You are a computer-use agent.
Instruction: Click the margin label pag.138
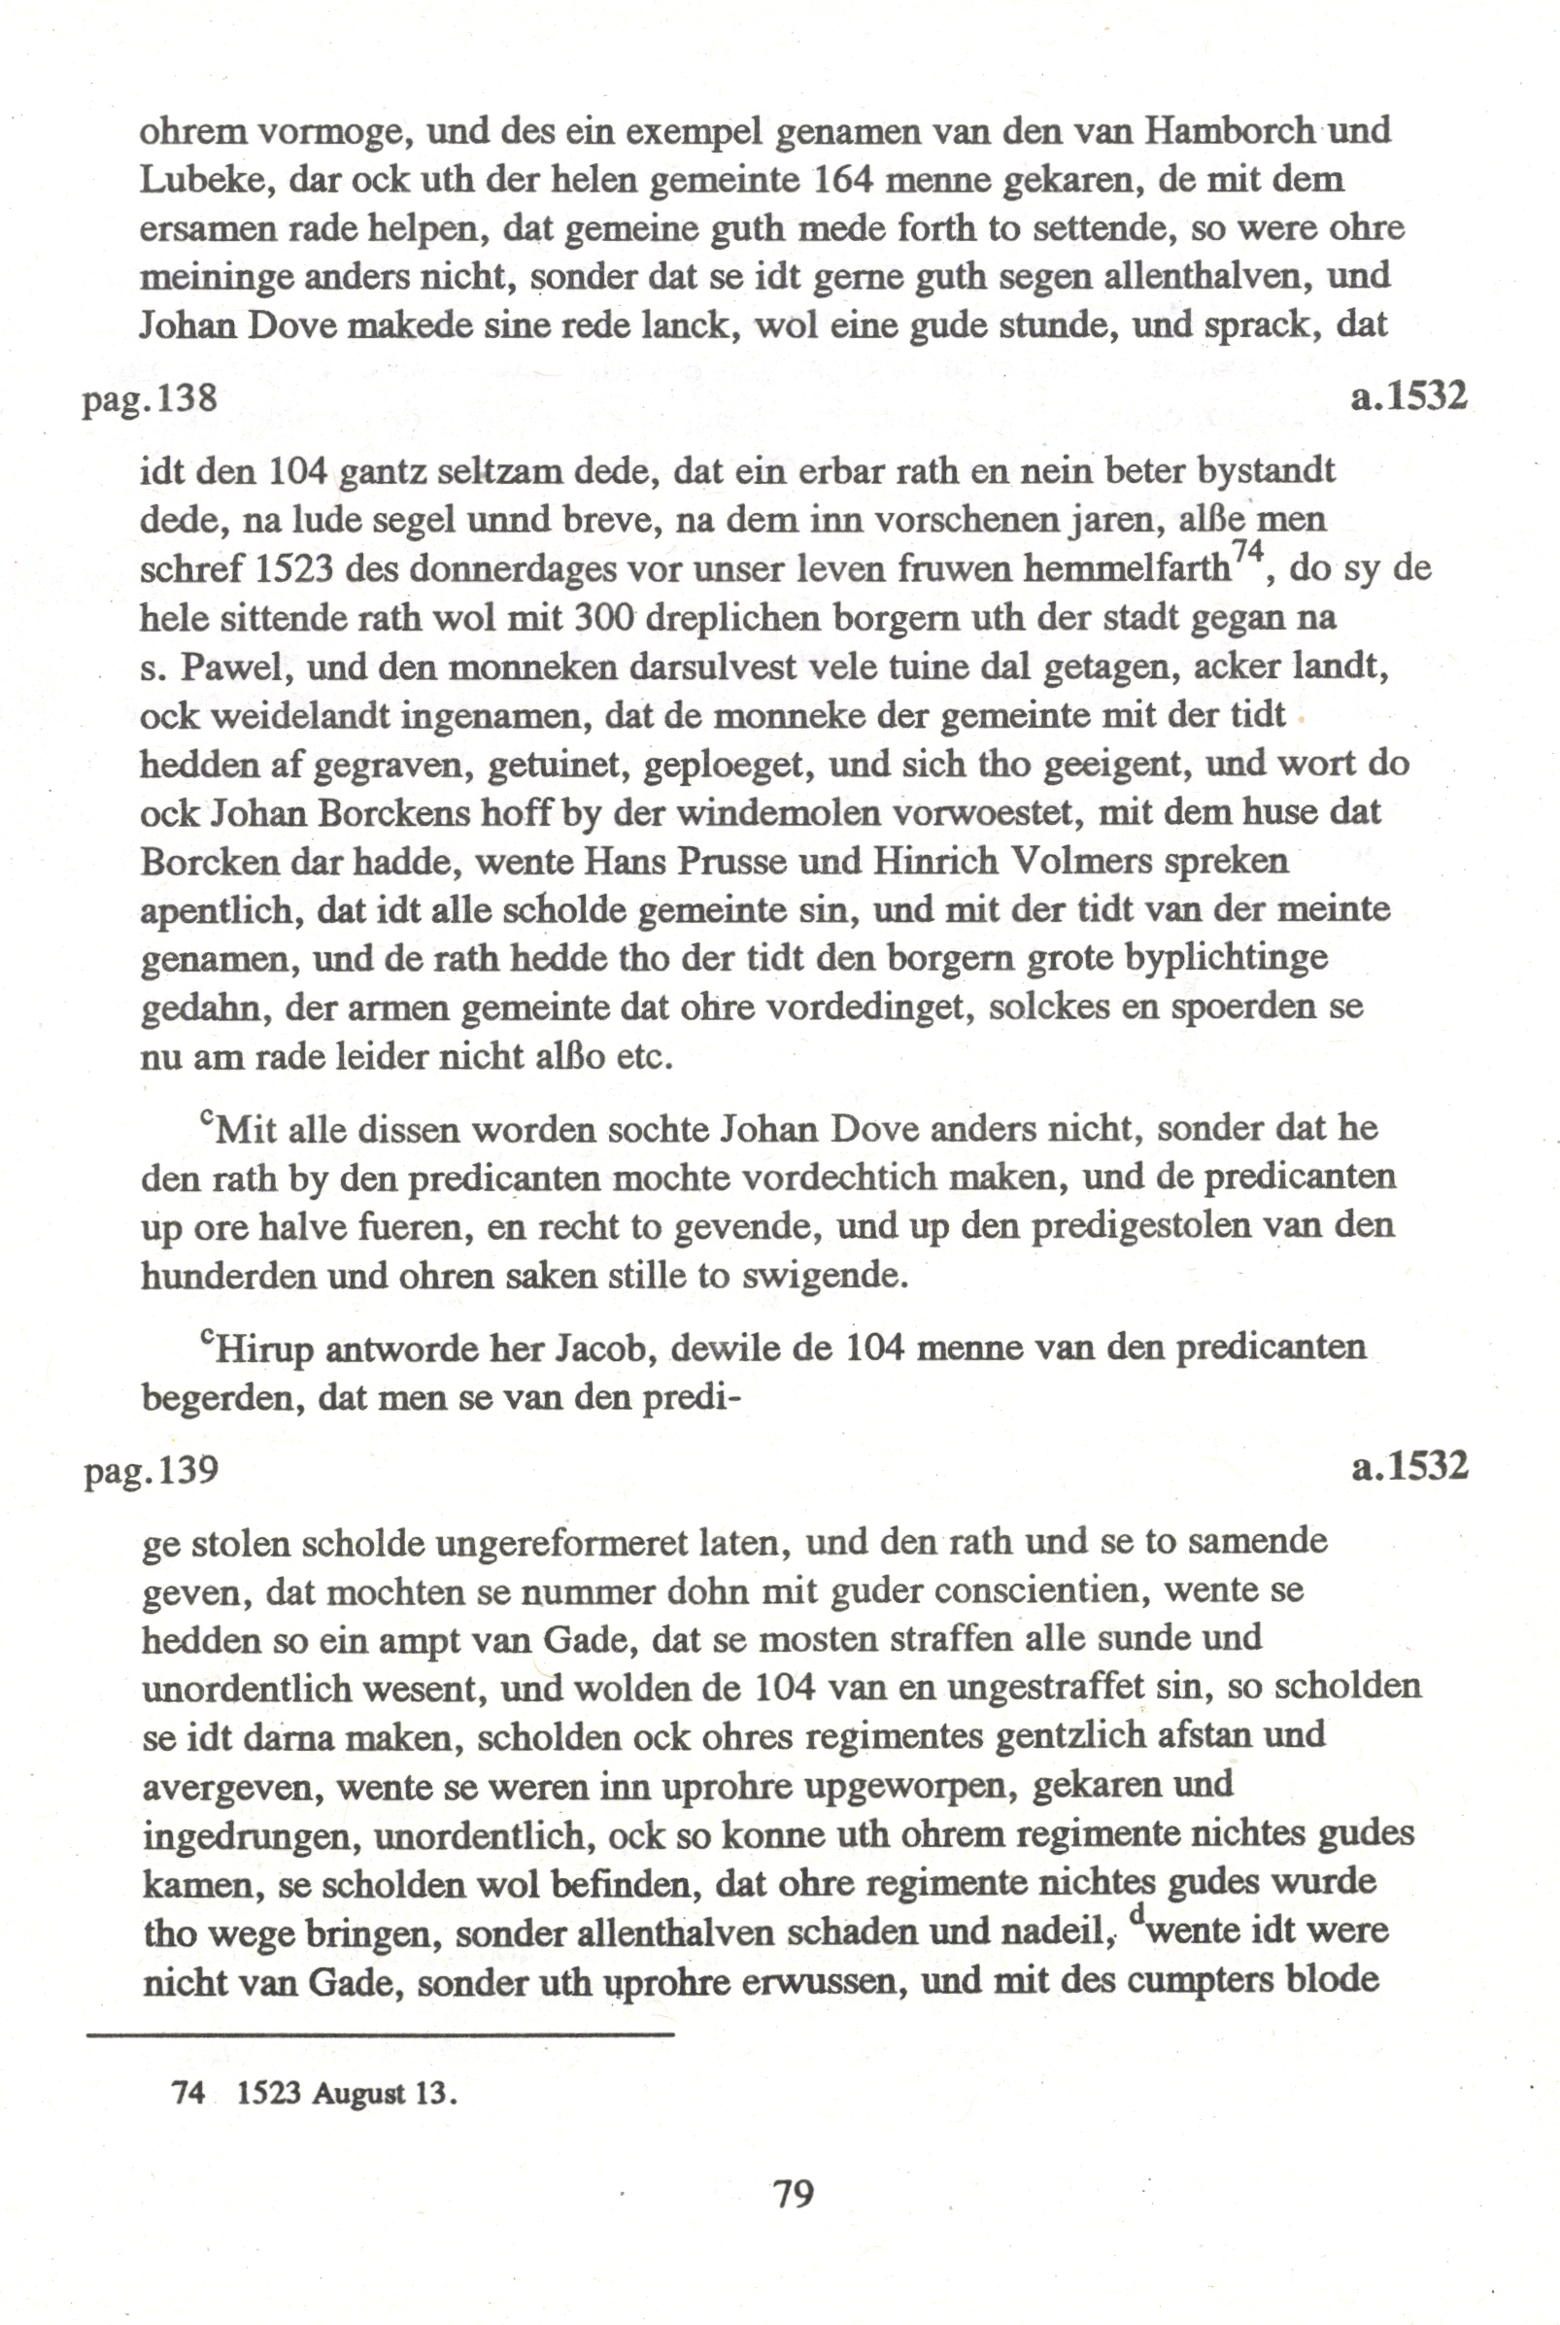tap(150, 399)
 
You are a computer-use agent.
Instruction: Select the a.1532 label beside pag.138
tap(1408, 397)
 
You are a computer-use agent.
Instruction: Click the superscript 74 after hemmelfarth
tap(1247, 550)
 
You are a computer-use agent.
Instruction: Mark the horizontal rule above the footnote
tap(380, 2034)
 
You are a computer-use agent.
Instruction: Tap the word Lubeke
tap(205, 180)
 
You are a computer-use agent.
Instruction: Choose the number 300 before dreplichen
tap(607, 618)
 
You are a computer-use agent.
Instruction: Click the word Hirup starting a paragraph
tap(265, 1348)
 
